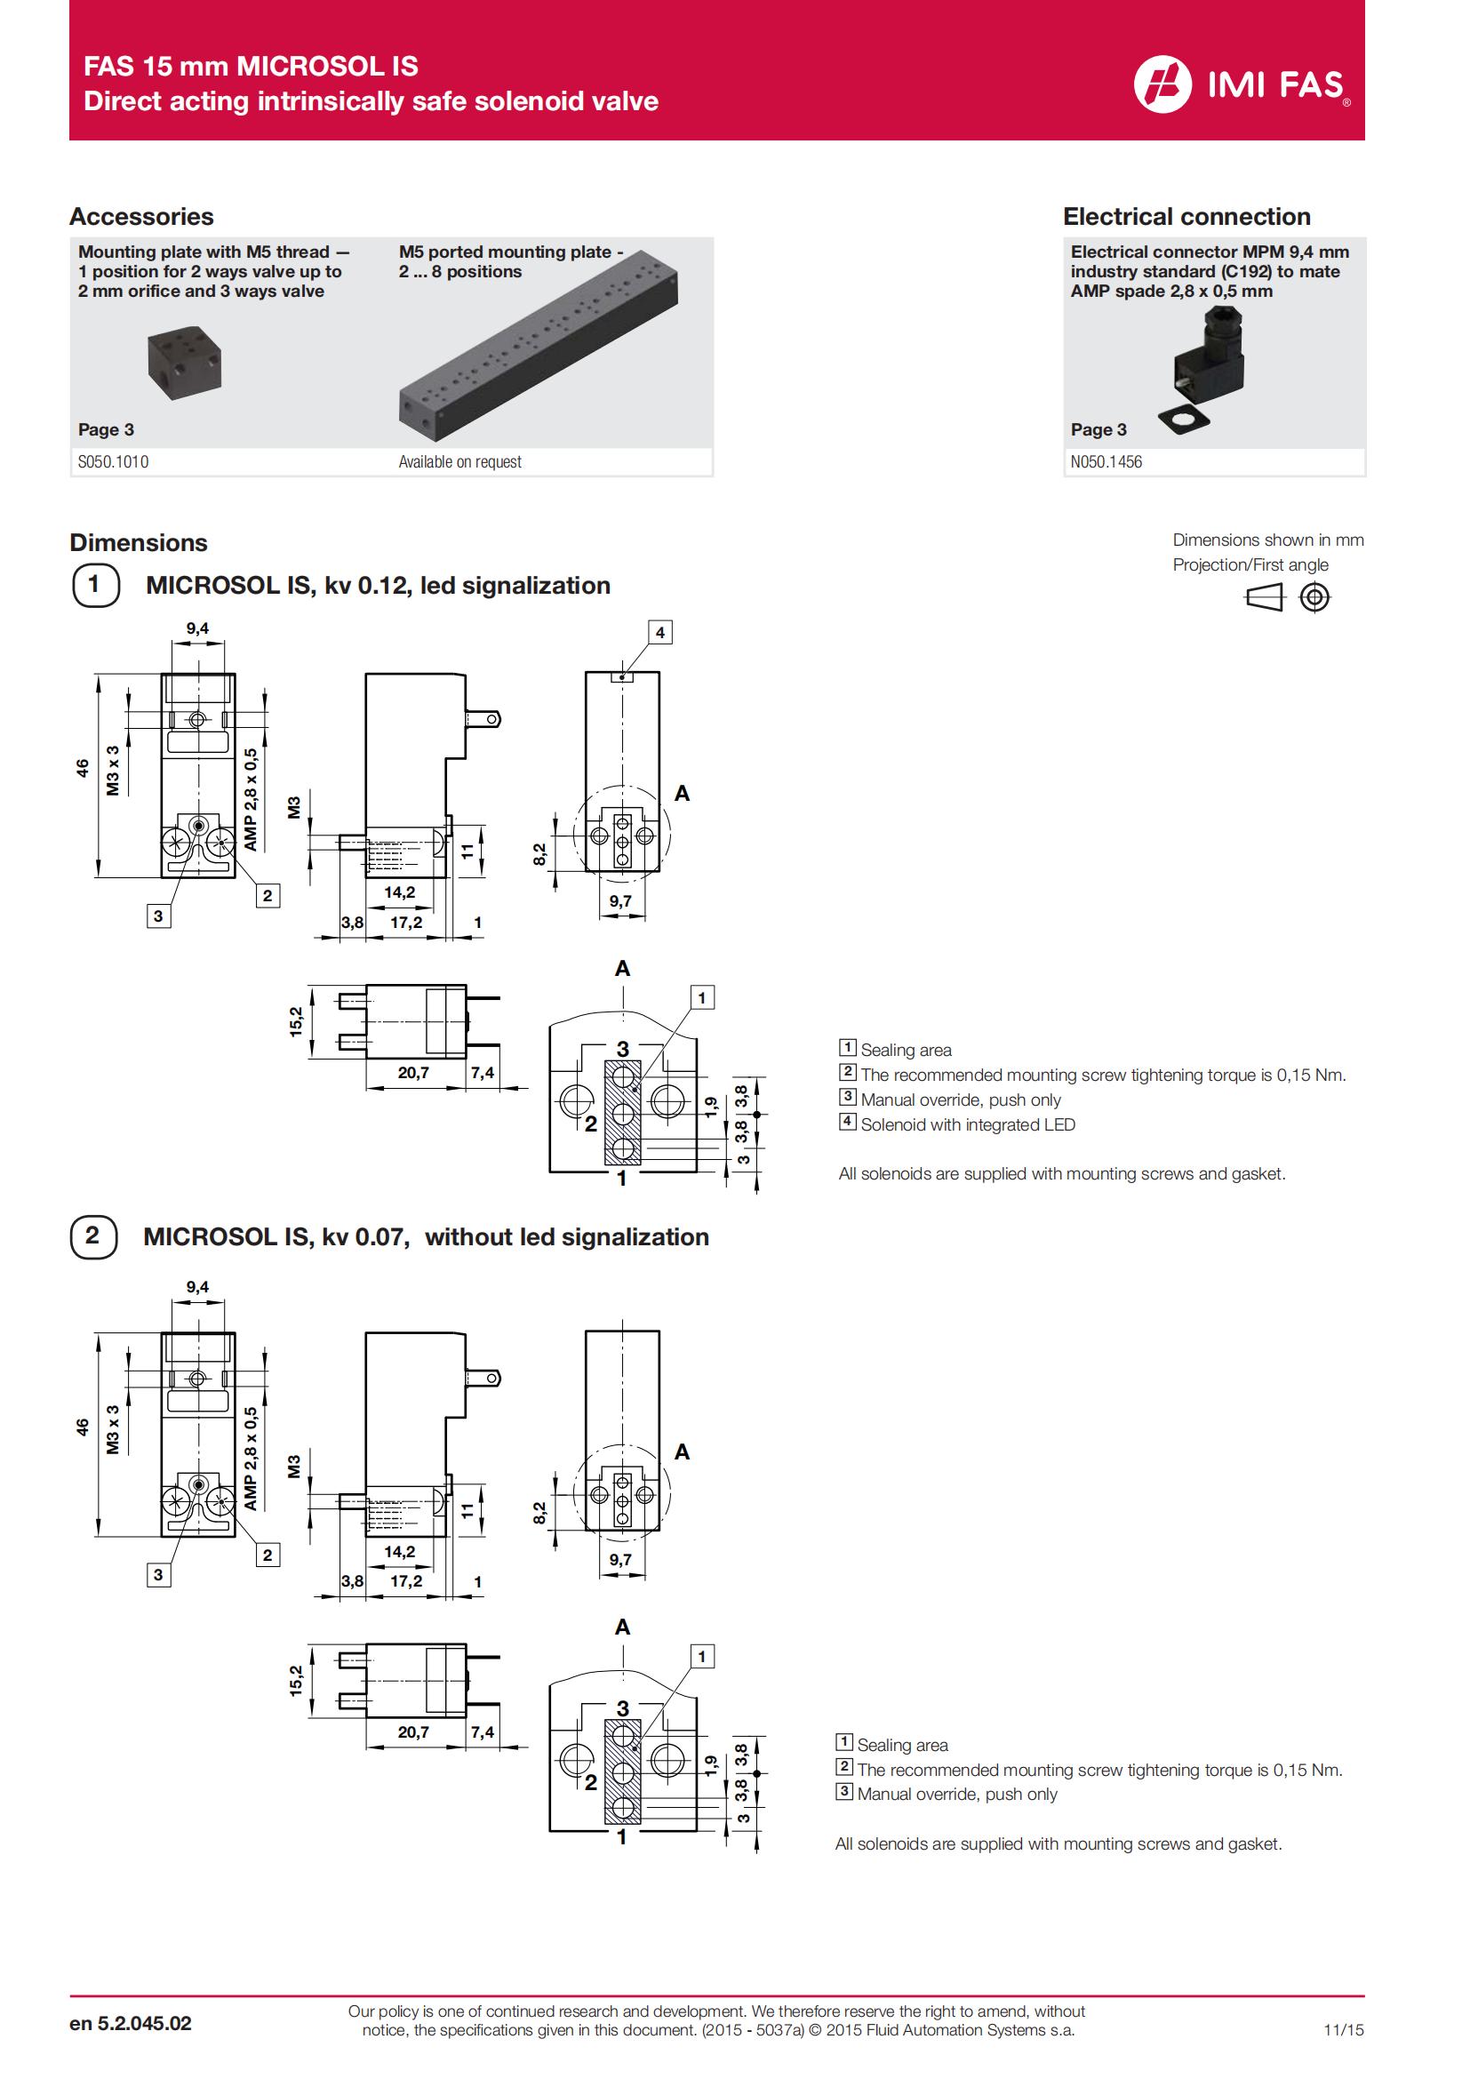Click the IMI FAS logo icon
click(1162, 84)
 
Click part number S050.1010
click(113, 462)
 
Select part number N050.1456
click(1106, 462)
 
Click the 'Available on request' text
click(459, 462)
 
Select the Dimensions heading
click(139, 542)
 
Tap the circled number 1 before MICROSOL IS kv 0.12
click(94, 585)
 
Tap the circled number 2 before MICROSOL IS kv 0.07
click(93, 1237)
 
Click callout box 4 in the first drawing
click(659, 632)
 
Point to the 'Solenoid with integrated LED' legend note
click(967, 1124)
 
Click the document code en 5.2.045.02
click(131, 2024)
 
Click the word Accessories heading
click(141, 216)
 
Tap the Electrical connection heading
click(1186, 216)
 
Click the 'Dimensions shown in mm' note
click(1267, 540)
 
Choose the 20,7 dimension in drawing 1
click(412, 1073)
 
